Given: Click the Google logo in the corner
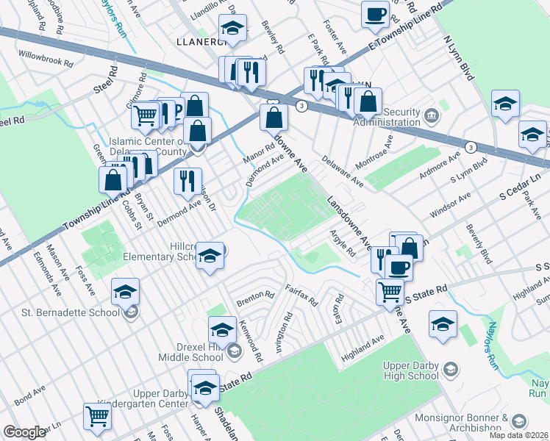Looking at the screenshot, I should tap(24, 432).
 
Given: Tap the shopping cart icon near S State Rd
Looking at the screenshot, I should tap(390, 291).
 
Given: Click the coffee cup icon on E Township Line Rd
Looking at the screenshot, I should tap(375, 14).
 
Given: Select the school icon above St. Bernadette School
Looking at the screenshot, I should tap(126, 292).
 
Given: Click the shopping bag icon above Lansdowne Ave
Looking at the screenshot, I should tap(274, 116).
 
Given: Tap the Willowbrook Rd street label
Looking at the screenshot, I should tap(46, 56).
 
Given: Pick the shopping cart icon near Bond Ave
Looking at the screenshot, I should tap(97, 415).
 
